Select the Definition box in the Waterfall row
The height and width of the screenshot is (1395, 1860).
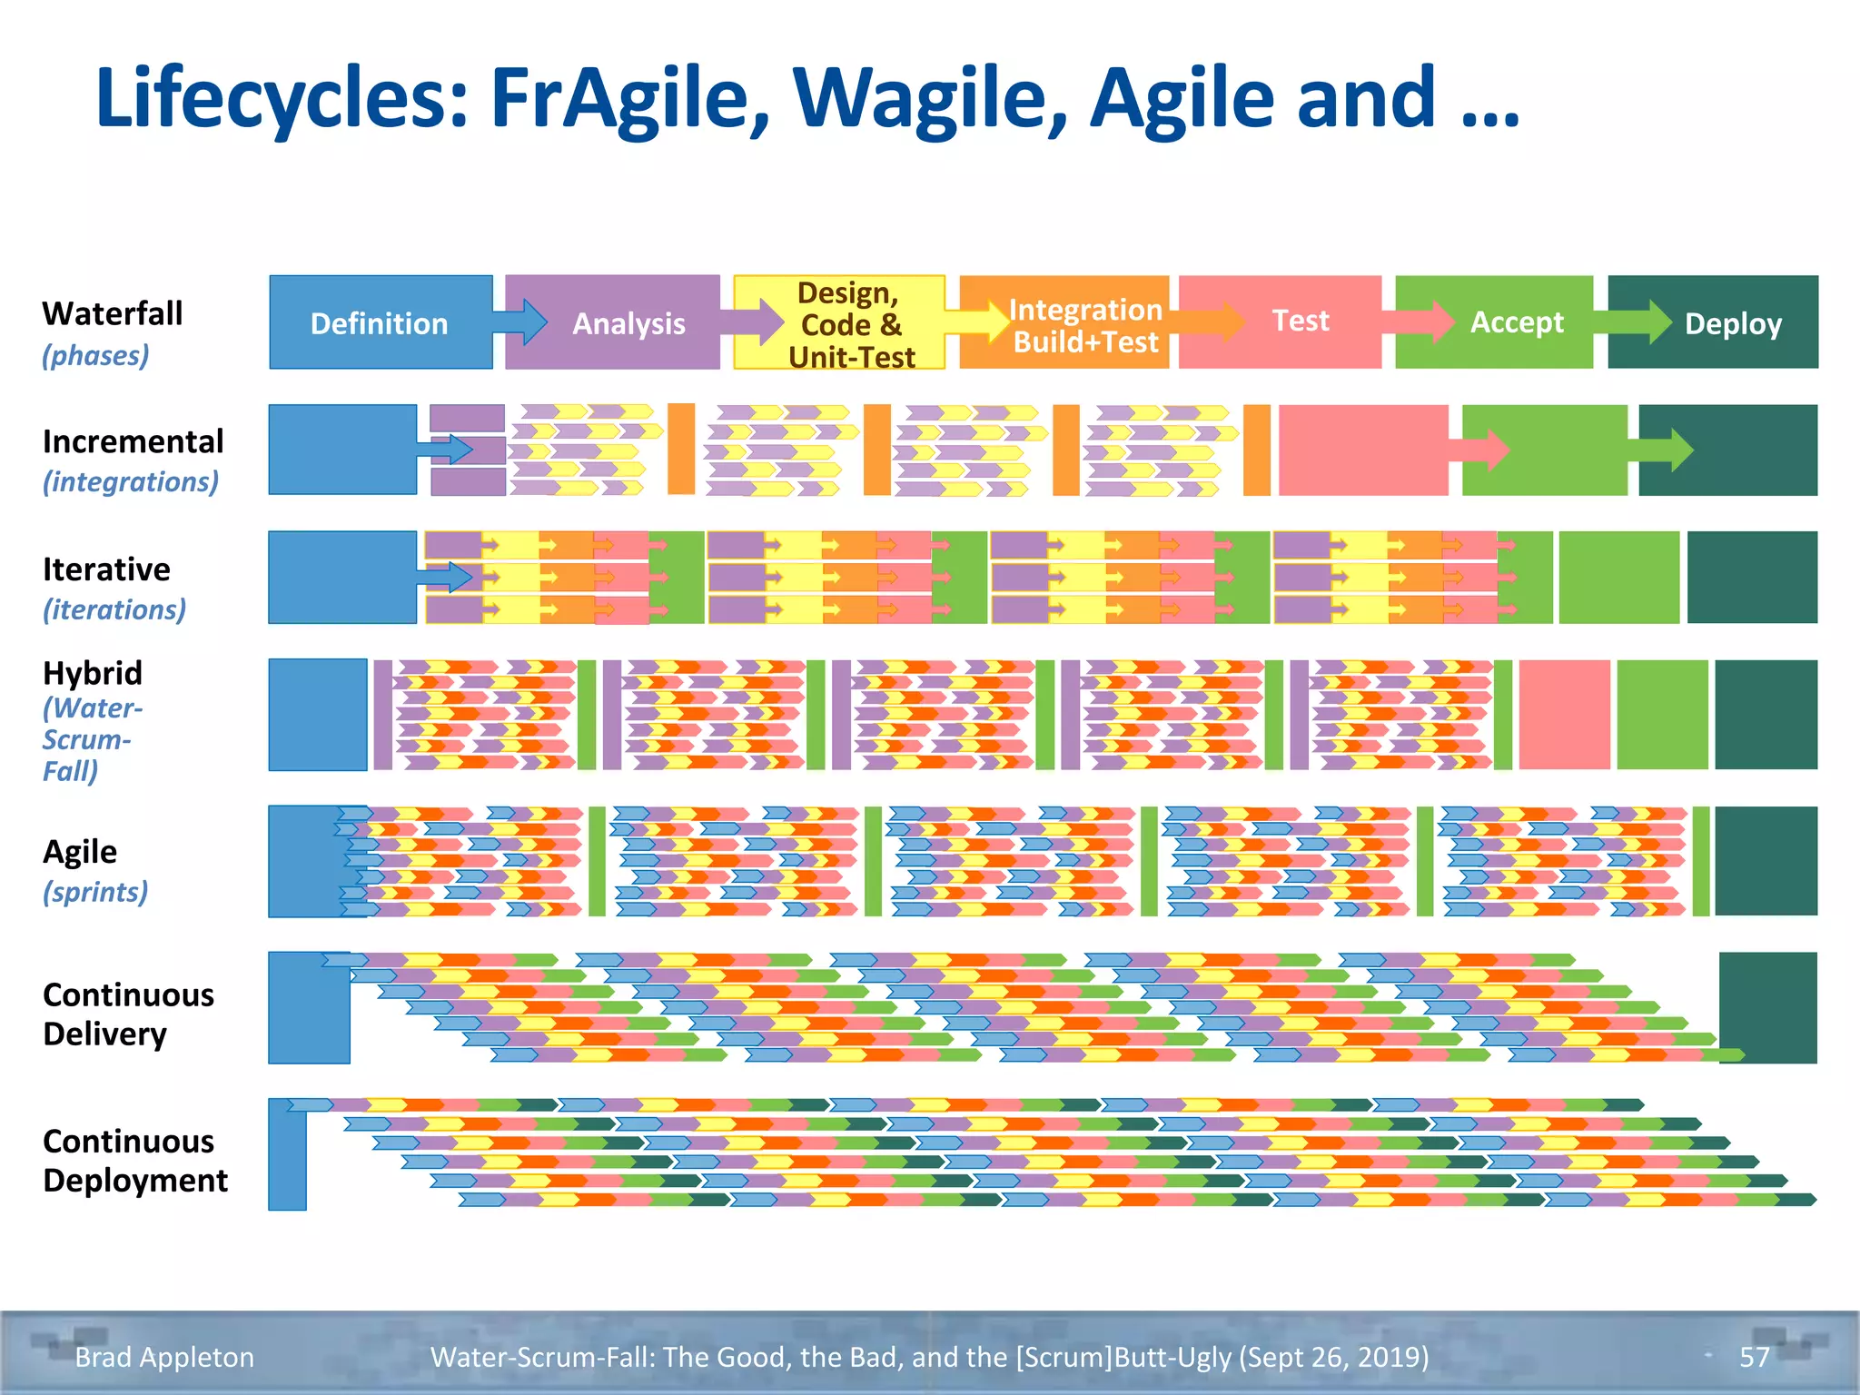coord(380,323)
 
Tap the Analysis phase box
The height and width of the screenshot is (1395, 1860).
coord(628,323)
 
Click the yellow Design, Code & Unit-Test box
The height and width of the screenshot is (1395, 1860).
coord(849,324)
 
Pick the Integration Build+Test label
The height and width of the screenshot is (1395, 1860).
coord(1085,325)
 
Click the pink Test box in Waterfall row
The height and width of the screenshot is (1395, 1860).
coord(1299,321)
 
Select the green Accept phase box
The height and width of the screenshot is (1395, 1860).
coord(1516,322)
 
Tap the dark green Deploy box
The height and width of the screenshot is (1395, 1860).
coord(1732,323)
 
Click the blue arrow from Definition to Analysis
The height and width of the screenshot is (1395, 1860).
coord(521,322)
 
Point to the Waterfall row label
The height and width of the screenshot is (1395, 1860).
coord(113,313)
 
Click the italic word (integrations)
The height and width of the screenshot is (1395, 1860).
coord(131,481)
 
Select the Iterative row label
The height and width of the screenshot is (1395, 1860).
coord(106,569)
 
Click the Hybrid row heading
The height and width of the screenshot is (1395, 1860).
coord(93,673)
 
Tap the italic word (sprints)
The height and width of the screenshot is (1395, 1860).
coord(95,892)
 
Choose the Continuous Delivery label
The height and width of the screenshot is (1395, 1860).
coord(128,1014)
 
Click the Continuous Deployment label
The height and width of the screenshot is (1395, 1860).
coord(135,1161)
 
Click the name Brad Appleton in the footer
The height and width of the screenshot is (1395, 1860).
coord(164,1357)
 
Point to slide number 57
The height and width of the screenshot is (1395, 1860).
coord(1754,1357)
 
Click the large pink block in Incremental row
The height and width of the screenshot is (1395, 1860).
coord(1362,450)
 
